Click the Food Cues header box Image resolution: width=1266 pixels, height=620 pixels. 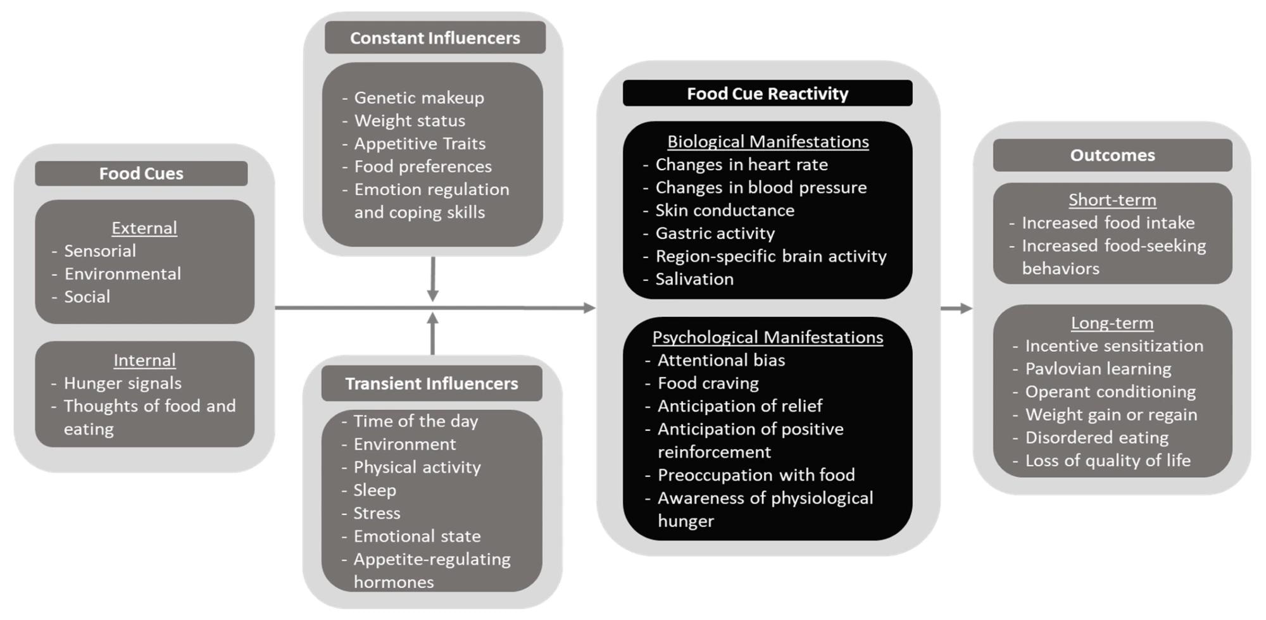141,173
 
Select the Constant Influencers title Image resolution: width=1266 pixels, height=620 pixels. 435,38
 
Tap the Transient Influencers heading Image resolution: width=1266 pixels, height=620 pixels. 432,383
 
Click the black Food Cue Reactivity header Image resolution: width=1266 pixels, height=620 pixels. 767,94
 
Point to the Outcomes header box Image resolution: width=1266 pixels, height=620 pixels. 1112,155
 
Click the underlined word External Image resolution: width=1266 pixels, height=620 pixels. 144,228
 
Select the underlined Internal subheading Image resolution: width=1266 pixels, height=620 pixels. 144,360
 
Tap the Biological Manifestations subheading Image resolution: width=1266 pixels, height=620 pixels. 768,142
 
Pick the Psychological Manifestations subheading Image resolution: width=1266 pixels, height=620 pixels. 767,337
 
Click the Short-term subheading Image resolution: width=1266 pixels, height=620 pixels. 1112,200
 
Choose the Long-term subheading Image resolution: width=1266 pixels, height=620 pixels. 1112,323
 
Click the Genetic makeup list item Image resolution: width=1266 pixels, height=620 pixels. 419,97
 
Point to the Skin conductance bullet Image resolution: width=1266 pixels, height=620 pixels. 725,210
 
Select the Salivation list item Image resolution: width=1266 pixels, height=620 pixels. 694,279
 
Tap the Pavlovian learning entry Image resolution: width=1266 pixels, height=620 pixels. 1098,369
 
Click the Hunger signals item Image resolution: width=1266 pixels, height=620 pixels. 122,383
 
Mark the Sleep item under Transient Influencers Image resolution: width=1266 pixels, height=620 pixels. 375,490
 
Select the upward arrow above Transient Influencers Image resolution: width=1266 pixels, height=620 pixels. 432,333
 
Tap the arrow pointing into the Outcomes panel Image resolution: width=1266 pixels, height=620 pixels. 956,308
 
